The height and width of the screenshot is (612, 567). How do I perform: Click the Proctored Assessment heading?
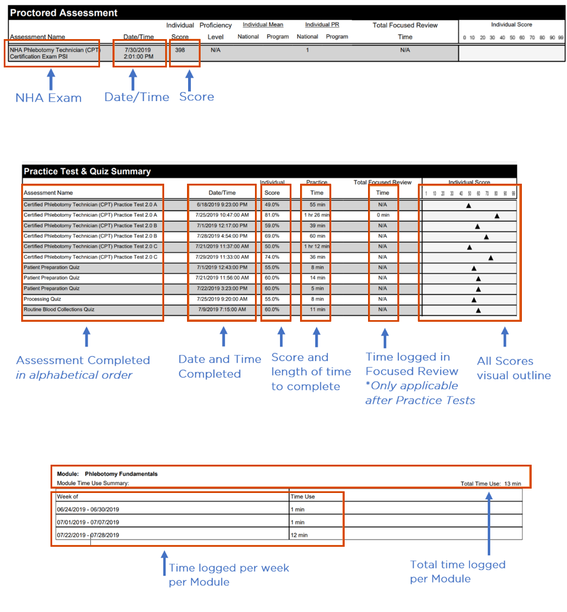click(x=64, y=13)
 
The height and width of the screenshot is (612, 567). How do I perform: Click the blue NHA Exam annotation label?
click(x=48, y=98)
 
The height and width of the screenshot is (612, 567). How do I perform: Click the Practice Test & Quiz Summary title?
click(x=87, y=171)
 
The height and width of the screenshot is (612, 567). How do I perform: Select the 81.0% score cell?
click(x=272, y=215)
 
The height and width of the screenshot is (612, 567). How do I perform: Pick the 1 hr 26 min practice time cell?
click(x=316, y=215)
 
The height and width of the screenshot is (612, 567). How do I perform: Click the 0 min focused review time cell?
click(x=383, y=215)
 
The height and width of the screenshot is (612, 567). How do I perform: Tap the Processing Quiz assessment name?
click(x=42, y=299)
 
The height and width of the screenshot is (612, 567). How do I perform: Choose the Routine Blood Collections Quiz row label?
click(x=59, y=309)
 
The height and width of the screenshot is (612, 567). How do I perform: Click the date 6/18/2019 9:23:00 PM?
click(x=222, y=205)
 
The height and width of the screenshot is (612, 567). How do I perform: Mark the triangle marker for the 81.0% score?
click(x=497, y=216)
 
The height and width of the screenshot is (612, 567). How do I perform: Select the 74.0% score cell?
click(x=272, y=257)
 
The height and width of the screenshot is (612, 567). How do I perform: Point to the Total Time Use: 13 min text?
click(x=490, y=483)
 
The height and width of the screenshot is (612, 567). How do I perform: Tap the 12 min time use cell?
click(x=299, y=535)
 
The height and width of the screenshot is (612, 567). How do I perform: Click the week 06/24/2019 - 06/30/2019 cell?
click(x=88, y=509)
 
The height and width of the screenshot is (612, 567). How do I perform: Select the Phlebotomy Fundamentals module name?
click(x=121, y=473)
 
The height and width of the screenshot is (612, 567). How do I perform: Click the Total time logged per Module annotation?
click(x=458, y=571)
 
